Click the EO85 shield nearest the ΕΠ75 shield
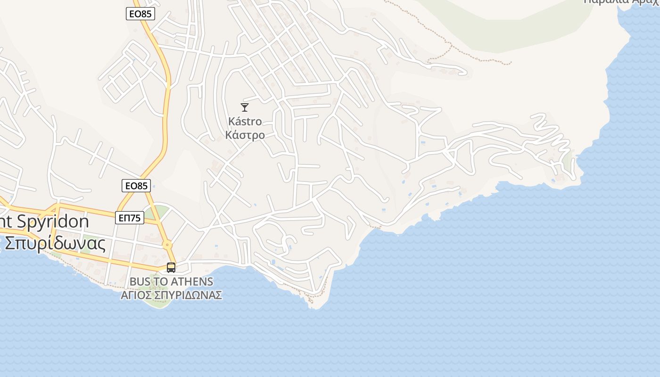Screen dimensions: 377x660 pos(136,186)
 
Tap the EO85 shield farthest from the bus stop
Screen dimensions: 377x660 pos(140,14)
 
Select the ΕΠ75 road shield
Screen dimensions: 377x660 pos(130,218)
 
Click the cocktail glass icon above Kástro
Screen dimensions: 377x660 pos(245,107)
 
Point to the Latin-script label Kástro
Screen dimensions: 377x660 pos(245,122)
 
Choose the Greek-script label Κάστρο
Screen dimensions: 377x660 pos(245,135)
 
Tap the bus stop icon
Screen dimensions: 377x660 pos(171,268)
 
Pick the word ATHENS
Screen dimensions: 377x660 pos(193,282)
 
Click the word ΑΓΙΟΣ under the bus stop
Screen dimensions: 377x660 pos(136,295)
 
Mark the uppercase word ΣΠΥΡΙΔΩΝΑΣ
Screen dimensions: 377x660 pos(189,295)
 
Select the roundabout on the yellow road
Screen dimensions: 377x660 pos(167,245)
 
